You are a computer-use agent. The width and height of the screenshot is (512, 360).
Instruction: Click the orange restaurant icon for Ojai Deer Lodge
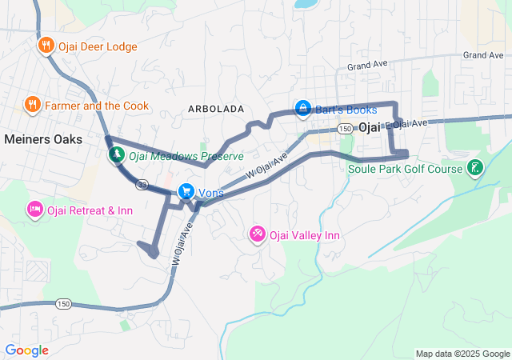pyautogui.click(x=46, y=46)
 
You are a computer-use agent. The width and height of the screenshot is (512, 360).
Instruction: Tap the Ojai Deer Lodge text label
pyautogui.click(x=98, y=46)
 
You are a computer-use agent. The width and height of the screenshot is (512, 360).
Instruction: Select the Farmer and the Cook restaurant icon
pyautogui.click(x=32, y=104)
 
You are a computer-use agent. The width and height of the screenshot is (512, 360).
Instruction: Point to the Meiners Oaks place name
pyautogui.click(x=43, y=138)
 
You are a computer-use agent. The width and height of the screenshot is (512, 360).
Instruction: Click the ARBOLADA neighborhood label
pyautogui.click(x=215, y=107)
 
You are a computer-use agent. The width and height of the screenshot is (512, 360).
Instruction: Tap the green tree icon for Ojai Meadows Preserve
pyautogui.click(x=116, y=154)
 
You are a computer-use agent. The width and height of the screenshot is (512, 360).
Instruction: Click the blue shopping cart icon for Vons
pyautogui.click(x=186, y=191)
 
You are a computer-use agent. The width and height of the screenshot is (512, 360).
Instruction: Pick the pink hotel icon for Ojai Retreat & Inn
pyautogui.click(x=35, y=210)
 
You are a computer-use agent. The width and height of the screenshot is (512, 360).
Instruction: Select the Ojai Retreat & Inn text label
pyautogui.click(x=90, y=210)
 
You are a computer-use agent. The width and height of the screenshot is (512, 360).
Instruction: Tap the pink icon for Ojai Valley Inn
pyautogui.click(x=258, y=234)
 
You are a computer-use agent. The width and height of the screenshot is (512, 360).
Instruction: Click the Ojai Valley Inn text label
pyautogui.click(x=305, y=235)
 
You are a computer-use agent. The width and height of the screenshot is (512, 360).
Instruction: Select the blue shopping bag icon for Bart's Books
pyautogui.click(x=303, y=107)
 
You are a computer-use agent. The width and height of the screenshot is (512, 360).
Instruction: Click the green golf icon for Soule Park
pyautogui.click(x=475, y=168)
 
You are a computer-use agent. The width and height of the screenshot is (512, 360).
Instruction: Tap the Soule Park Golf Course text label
pyautogui.click(x=405, y=169)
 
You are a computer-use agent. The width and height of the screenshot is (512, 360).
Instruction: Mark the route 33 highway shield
pyautogui.click(x=142, y=184)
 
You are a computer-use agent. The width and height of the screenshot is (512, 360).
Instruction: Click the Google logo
pyautogui.click(x=26, y=350)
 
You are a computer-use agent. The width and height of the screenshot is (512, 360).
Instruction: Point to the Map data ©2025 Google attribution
pyautogui.click(x=462, y=354)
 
